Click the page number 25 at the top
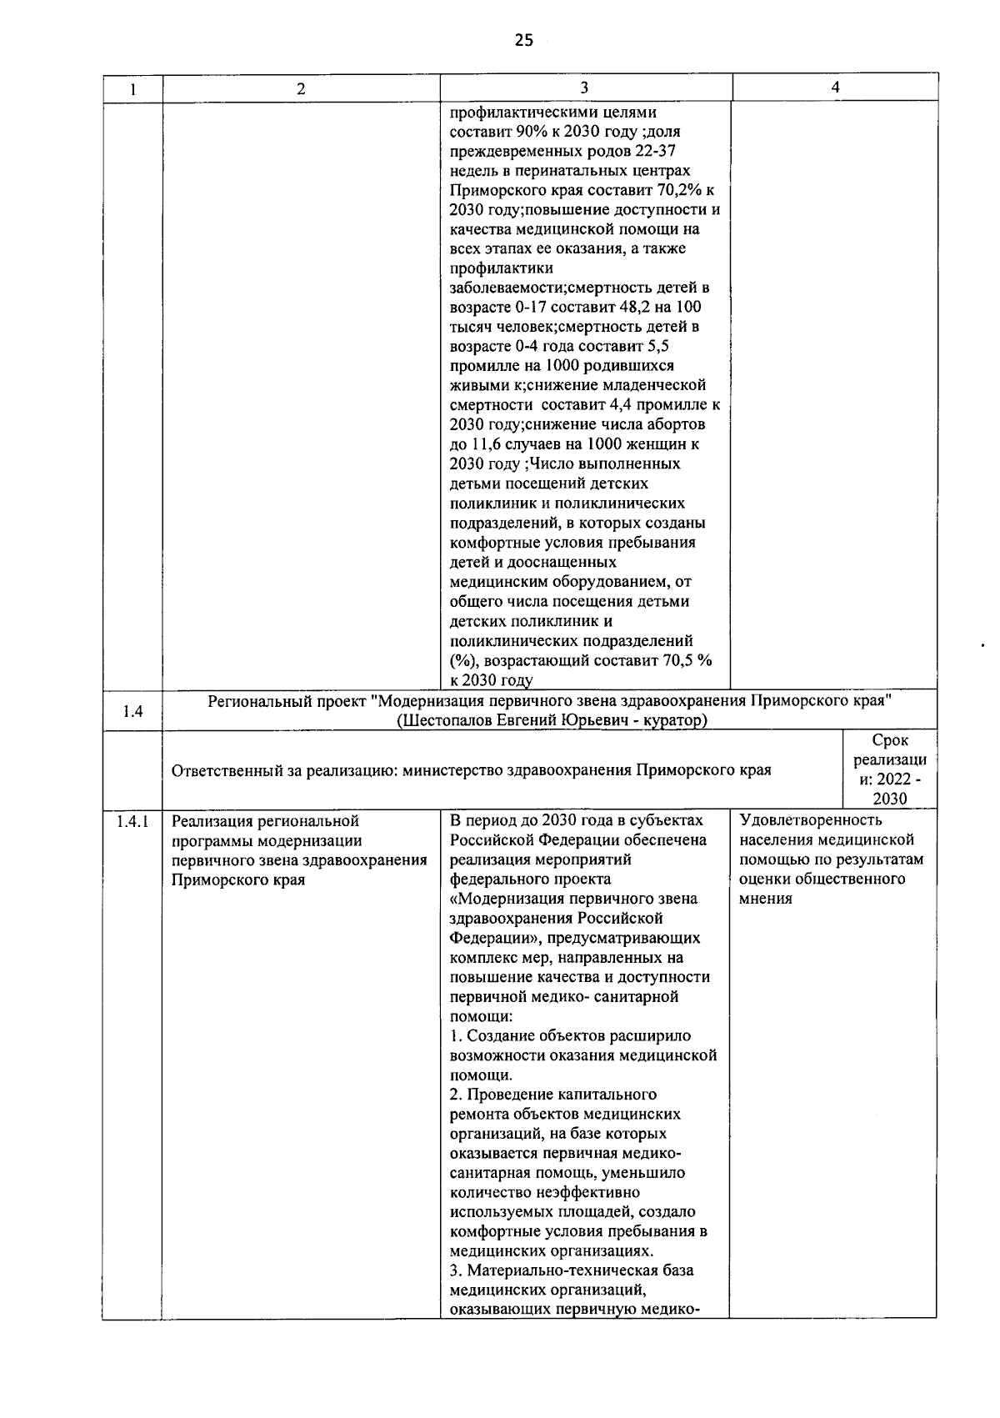pos(523,40)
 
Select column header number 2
pos(301,88)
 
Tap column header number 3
pos(584,88)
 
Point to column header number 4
pos(835,88)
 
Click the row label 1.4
pos(132,711)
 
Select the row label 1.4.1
pos(132,821)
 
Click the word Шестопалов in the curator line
pos(441,720)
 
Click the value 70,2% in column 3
pos(681,190)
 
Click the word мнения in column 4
pos(765,899)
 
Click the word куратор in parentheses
pos(670,720)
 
